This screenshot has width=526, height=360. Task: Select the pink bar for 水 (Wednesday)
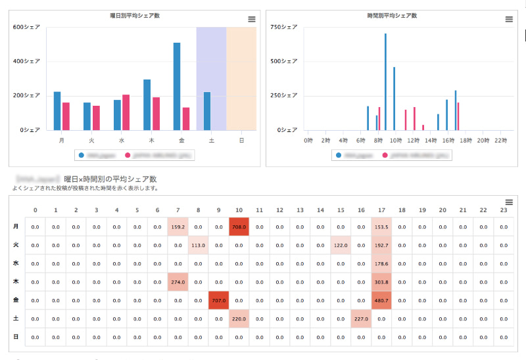(126, 112)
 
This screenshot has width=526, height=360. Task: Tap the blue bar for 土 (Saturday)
(207, 111)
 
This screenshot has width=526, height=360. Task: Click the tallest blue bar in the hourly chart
(385, 82)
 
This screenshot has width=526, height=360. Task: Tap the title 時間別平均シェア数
(392, 15)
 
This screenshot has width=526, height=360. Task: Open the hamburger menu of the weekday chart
(252, 20)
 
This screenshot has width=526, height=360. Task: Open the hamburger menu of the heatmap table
(509, 202)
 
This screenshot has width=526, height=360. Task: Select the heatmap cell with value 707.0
(218, 300)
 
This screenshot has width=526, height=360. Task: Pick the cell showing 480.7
(381, 300)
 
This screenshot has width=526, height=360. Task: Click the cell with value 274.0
(178, 282)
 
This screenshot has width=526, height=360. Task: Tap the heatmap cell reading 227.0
(360, 319)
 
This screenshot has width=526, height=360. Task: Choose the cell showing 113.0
(198, 245)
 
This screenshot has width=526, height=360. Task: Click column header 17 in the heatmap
(381, 210)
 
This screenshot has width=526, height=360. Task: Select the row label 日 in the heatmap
(16, 337)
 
